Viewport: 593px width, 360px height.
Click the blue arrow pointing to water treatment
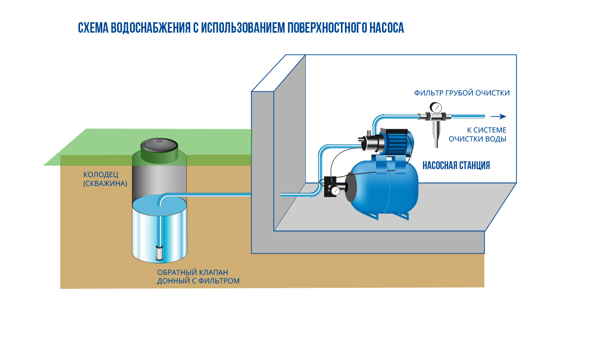[x=502, y=117]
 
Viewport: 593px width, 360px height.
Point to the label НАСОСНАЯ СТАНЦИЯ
[x=456, y=166]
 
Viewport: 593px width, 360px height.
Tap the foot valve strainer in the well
[x=160, y=253]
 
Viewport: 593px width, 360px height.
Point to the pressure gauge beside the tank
[x=337, y=190]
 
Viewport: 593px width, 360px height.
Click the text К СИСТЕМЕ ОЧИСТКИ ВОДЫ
[x=477, y=135]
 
